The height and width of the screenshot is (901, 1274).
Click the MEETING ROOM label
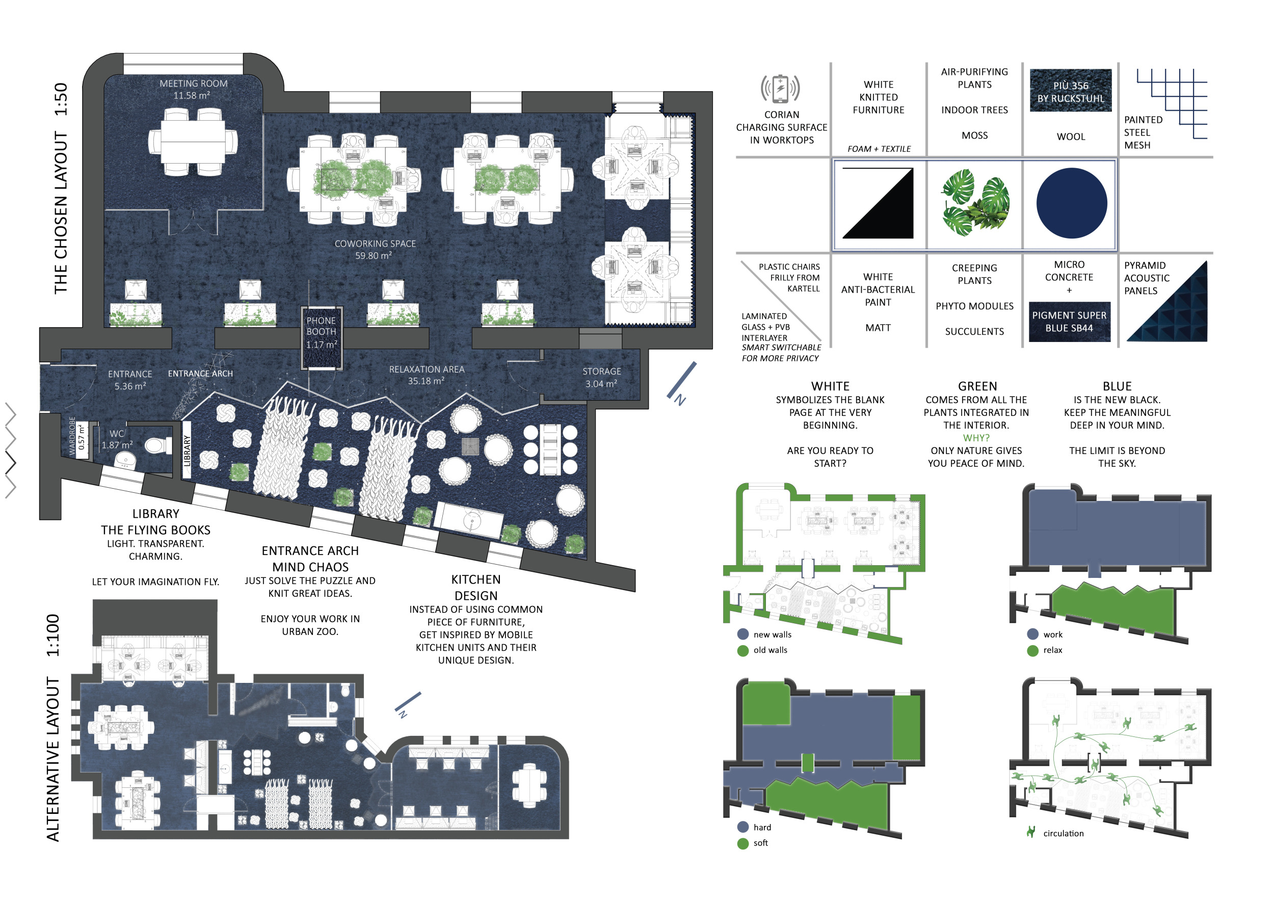pyautogui.click(x=194, y=84)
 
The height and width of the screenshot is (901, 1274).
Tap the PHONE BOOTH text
pyautogui.click(x=321, y=326)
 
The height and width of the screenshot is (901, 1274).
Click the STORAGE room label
pyautogui.click(x=601, y=371)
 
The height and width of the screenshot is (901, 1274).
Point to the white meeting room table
pyautogui.click(x=193, y=142)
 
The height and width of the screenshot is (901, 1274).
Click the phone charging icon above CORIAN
pyautogui.click(x=780, y=89)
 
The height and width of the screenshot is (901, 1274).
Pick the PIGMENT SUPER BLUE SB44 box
pyautogui.click(x=1069, y=322)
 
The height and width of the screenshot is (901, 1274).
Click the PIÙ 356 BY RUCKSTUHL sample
pyautogui.click(x=1070, y=90)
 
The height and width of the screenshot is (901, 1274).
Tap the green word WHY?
pyautogui.click(x=976, y=438)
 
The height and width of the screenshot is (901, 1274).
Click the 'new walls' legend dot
pyautogui.click(x=743, y=634)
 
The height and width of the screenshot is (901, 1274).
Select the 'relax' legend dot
pyautogui.click(x=1032, y=650)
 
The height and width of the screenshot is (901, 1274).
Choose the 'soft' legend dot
pyautogui.click(x=743, y=843)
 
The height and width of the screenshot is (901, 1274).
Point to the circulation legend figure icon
pyautogui.click(x=1031, y=832)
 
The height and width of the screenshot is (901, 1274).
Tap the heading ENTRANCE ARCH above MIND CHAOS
pyautogui.click(x=310, y=551)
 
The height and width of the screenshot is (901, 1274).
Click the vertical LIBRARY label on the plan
pyautogui.click(x=187, y=450)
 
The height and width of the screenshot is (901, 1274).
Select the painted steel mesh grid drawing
pyautogui.click(x=1172, y=104)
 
